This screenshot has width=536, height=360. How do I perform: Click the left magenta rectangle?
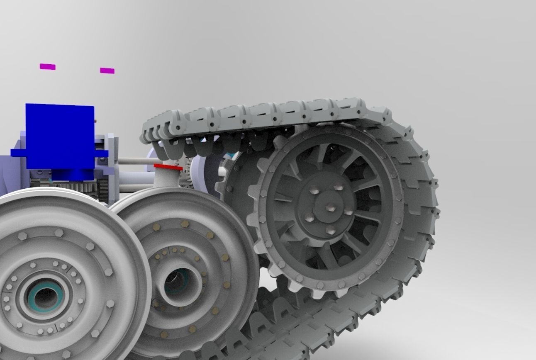coord(48,66)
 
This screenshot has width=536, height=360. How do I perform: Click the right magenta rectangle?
coord(107,71)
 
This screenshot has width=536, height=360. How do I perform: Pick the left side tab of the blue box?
coord(18,153)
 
